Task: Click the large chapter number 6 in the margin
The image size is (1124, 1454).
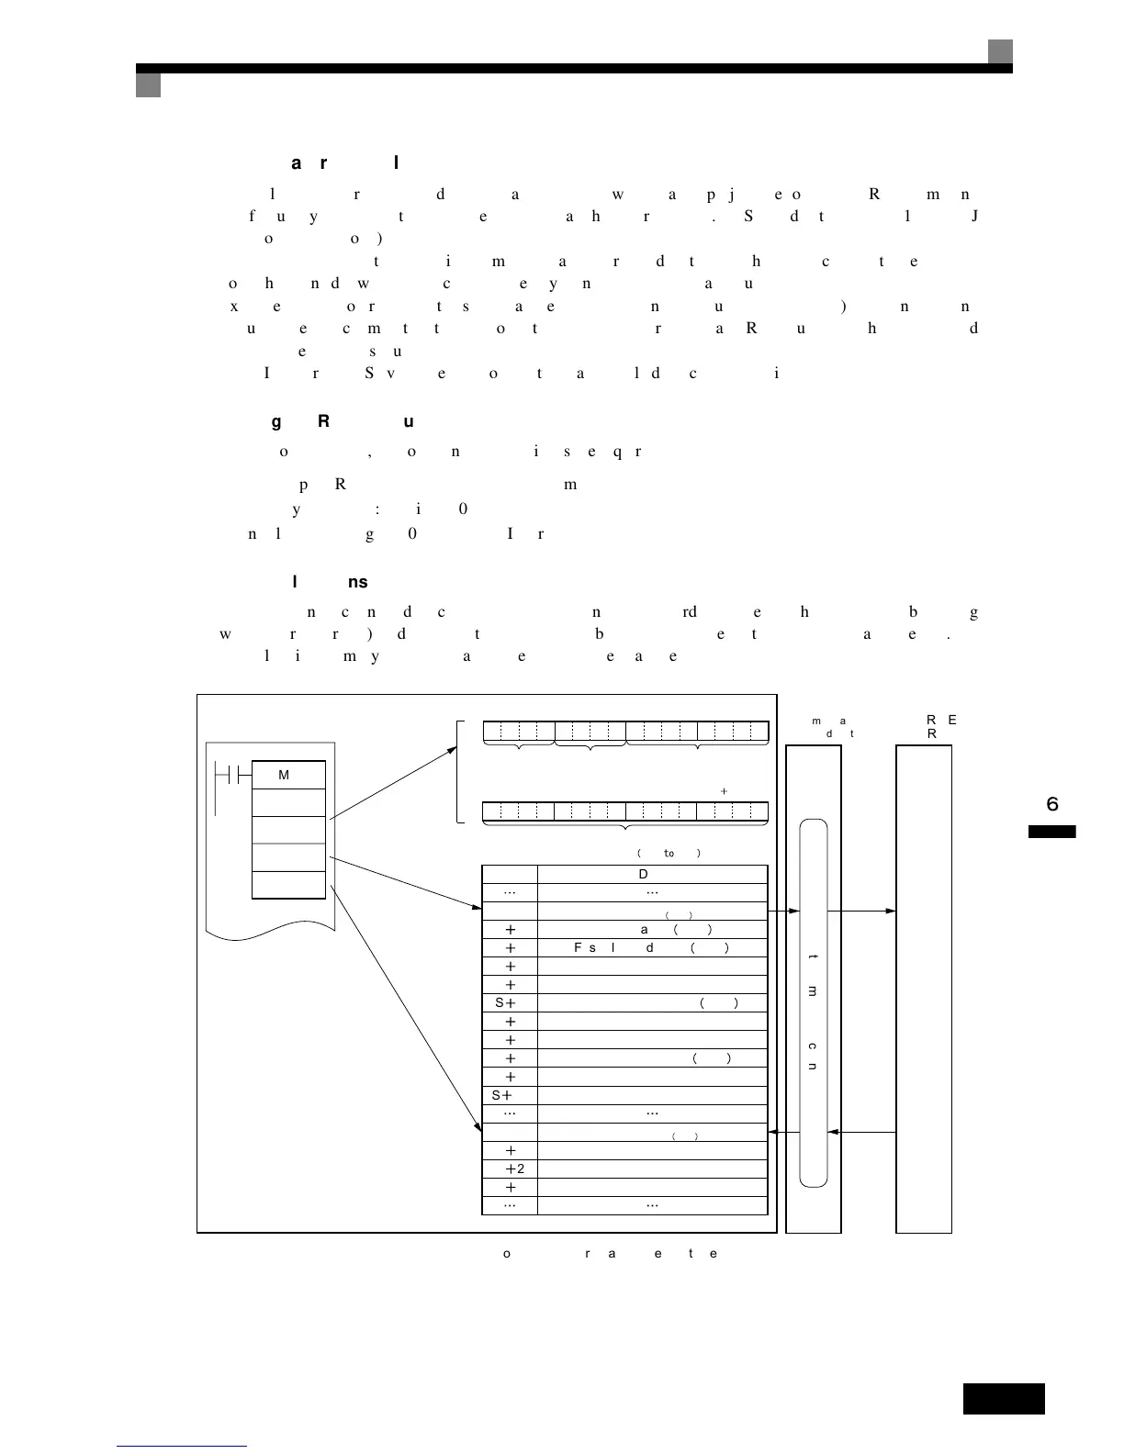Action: pyautogui.click(x=1052, y=805)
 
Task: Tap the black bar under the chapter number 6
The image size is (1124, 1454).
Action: pyautogui.click(x=1051, y=832)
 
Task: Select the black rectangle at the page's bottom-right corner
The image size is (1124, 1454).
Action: pyautogui.click(x=1004, y=1399)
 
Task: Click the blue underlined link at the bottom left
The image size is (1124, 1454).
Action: pyautogui.click(x=182, y=1446)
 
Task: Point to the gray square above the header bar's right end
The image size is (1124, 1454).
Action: pyautogui.click(x=1000, y=51)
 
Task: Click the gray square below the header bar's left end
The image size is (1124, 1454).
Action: pyautogui.click(x=148, y=85)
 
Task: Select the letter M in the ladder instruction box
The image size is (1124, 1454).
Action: pyautogui.click(x=284, y=776)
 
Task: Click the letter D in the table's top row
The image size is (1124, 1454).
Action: pyautogui.click(x=643, y=874)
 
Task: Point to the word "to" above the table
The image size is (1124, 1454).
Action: pyautogui.click(x=669, y=854)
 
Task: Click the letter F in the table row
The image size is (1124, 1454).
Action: pyautogui.click(x=579, y=947)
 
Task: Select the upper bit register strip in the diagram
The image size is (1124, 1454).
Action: pyautogui.click(x=625, y=732)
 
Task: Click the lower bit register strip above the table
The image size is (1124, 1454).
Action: pyautogui.click(x=625, y=811)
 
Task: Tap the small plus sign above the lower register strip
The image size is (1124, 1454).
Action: pyautogui.click(x=724, y=790)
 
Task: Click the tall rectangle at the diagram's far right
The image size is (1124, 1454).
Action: pyautogui.click(x=923, y=989)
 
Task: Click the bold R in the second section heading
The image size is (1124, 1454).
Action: pyautogui.click(x=323, y=422)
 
